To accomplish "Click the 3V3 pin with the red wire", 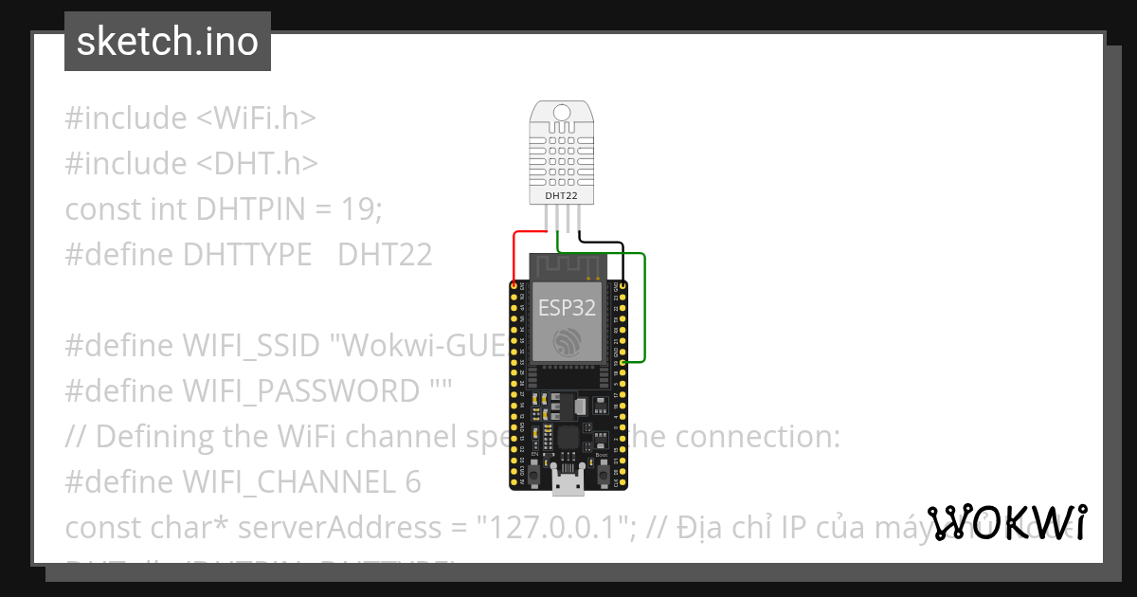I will pos(514,285).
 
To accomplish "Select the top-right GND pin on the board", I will pos(622,285).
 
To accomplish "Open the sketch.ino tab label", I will pos(168,42).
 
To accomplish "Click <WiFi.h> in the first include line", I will pos(256,118).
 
